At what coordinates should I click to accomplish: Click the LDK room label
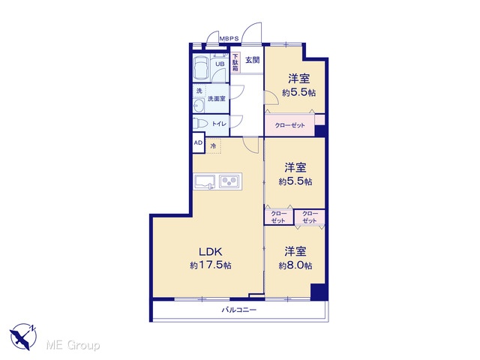click(210, 252)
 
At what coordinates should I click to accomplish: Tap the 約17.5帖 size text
click(211, 265)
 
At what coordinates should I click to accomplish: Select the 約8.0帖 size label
click(295, 265)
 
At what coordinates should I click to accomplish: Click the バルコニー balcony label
click(239, 310)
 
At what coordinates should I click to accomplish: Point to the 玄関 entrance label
click(253, 60)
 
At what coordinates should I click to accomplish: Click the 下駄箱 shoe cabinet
click(235, 63)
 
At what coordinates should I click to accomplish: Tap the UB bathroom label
click(220, 64)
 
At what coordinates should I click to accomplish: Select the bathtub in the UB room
click(201, 68)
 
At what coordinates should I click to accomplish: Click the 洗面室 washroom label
click(217, 99)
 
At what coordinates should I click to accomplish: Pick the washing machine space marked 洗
click(199, 91)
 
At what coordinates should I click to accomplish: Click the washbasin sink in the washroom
click(199, 106)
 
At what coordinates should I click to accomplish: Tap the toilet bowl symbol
click(200, 123)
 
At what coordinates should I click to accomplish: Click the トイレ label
click(219, 124)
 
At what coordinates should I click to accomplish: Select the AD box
click(198, 142)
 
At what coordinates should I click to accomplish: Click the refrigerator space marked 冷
click(214, 146)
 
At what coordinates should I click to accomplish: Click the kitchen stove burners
click(229, 181)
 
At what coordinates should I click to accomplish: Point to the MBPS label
click(229, 38)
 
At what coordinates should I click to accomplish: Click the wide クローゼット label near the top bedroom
click(290, 125)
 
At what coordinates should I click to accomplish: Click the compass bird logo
click(23, 336)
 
